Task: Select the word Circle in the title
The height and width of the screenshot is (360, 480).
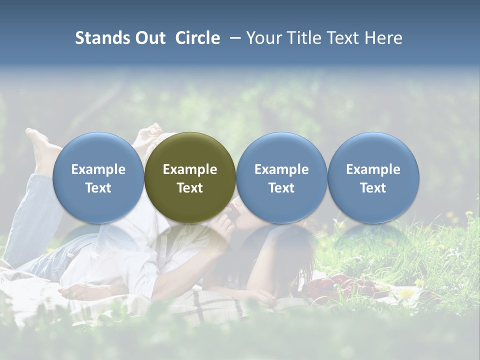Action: pos(197,38)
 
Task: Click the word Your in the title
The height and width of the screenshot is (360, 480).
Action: pos(263,38)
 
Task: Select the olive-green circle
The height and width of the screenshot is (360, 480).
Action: pos(190,177)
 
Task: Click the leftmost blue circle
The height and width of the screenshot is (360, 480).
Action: pos(98,177)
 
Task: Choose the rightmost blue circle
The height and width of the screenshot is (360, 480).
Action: pos(373,177)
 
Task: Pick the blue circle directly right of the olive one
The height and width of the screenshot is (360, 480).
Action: pos(281,177)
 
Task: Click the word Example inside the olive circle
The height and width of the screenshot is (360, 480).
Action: pos(190,169)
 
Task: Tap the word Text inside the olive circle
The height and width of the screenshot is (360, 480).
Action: pos(190,188)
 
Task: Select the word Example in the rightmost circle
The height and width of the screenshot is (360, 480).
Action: pos(373,169)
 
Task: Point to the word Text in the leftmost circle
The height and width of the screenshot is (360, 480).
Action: pos(98,188)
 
